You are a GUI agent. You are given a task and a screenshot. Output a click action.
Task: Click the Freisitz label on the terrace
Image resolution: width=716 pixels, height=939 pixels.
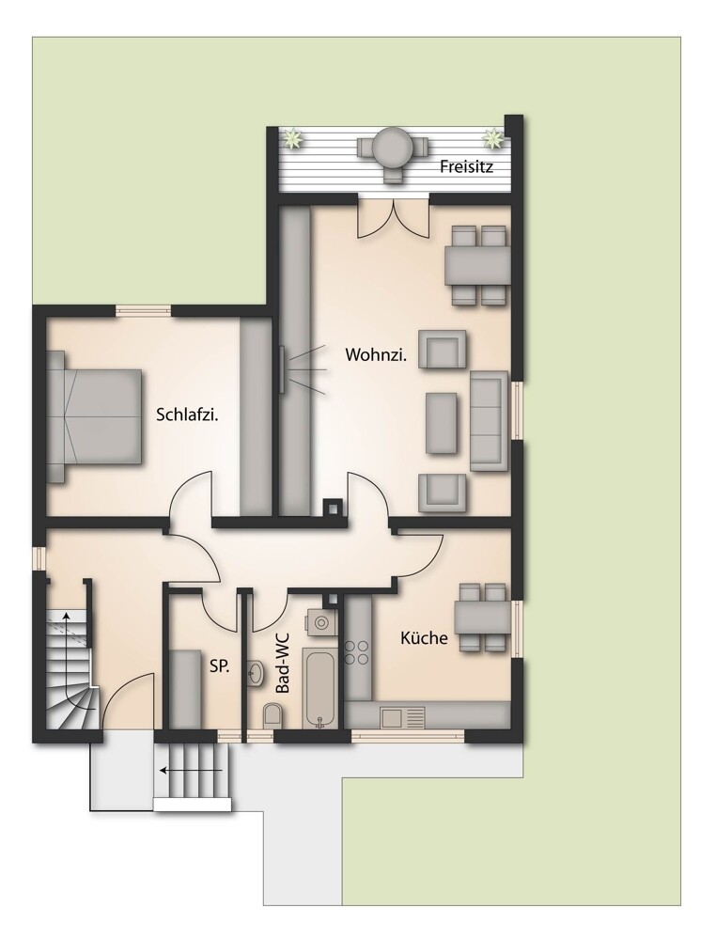pos(466,165)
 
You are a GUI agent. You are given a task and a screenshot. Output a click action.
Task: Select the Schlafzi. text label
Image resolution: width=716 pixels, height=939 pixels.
pos(187,415)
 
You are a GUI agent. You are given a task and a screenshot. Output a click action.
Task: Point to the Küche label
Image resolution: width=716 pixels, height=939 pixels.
pos(424,638)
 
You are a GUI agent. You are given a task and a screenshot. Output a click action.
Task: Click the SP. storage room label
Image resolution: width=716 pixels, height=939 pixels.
pos(220,665)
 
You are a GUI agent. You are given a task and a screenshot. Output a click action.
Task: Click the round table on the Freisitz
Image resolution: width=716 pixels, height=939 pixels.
pos(393,146)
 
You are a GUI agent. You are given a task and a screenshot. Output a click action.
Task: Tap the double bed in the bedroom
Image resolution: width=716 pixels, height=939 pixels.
pos(95,416)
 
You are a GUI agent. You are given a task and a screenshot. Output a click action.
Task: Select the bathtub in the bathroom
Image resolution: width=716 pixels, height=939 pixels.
pos(319,687)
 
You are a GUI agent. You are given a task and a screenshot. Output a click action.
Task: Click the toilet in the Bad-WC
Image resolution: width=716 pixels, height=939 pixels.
pos(273,715)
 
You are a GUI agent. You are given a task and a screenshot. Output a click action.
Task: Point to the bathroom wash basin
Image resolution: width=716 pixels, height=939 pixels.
pos(256,673)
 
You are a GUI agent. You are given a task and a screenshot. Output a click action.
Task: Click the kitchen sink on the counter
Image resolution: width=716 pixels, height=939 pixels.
pos(402,716)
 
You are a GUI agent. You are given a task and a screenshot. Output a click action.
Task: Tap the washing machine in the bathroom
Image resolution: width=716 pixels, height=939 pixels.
pos(320,623)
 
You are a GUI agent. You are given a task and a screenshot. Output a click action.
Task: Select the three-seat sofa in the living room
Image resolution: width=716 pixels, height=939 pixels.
pos(490,420)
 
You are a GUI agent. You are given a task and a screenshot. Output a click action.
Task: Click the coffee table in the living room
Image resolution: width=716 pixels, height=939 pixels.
pos(443,423)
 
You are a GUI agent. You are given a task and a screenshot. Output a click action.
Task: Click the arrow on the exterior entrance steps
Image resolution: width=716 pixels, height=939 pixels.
pos(191,770)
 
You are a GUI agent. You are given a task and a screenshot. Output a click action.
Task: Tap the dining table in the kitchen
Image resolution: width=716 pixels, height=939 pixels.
pos(483,618)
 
